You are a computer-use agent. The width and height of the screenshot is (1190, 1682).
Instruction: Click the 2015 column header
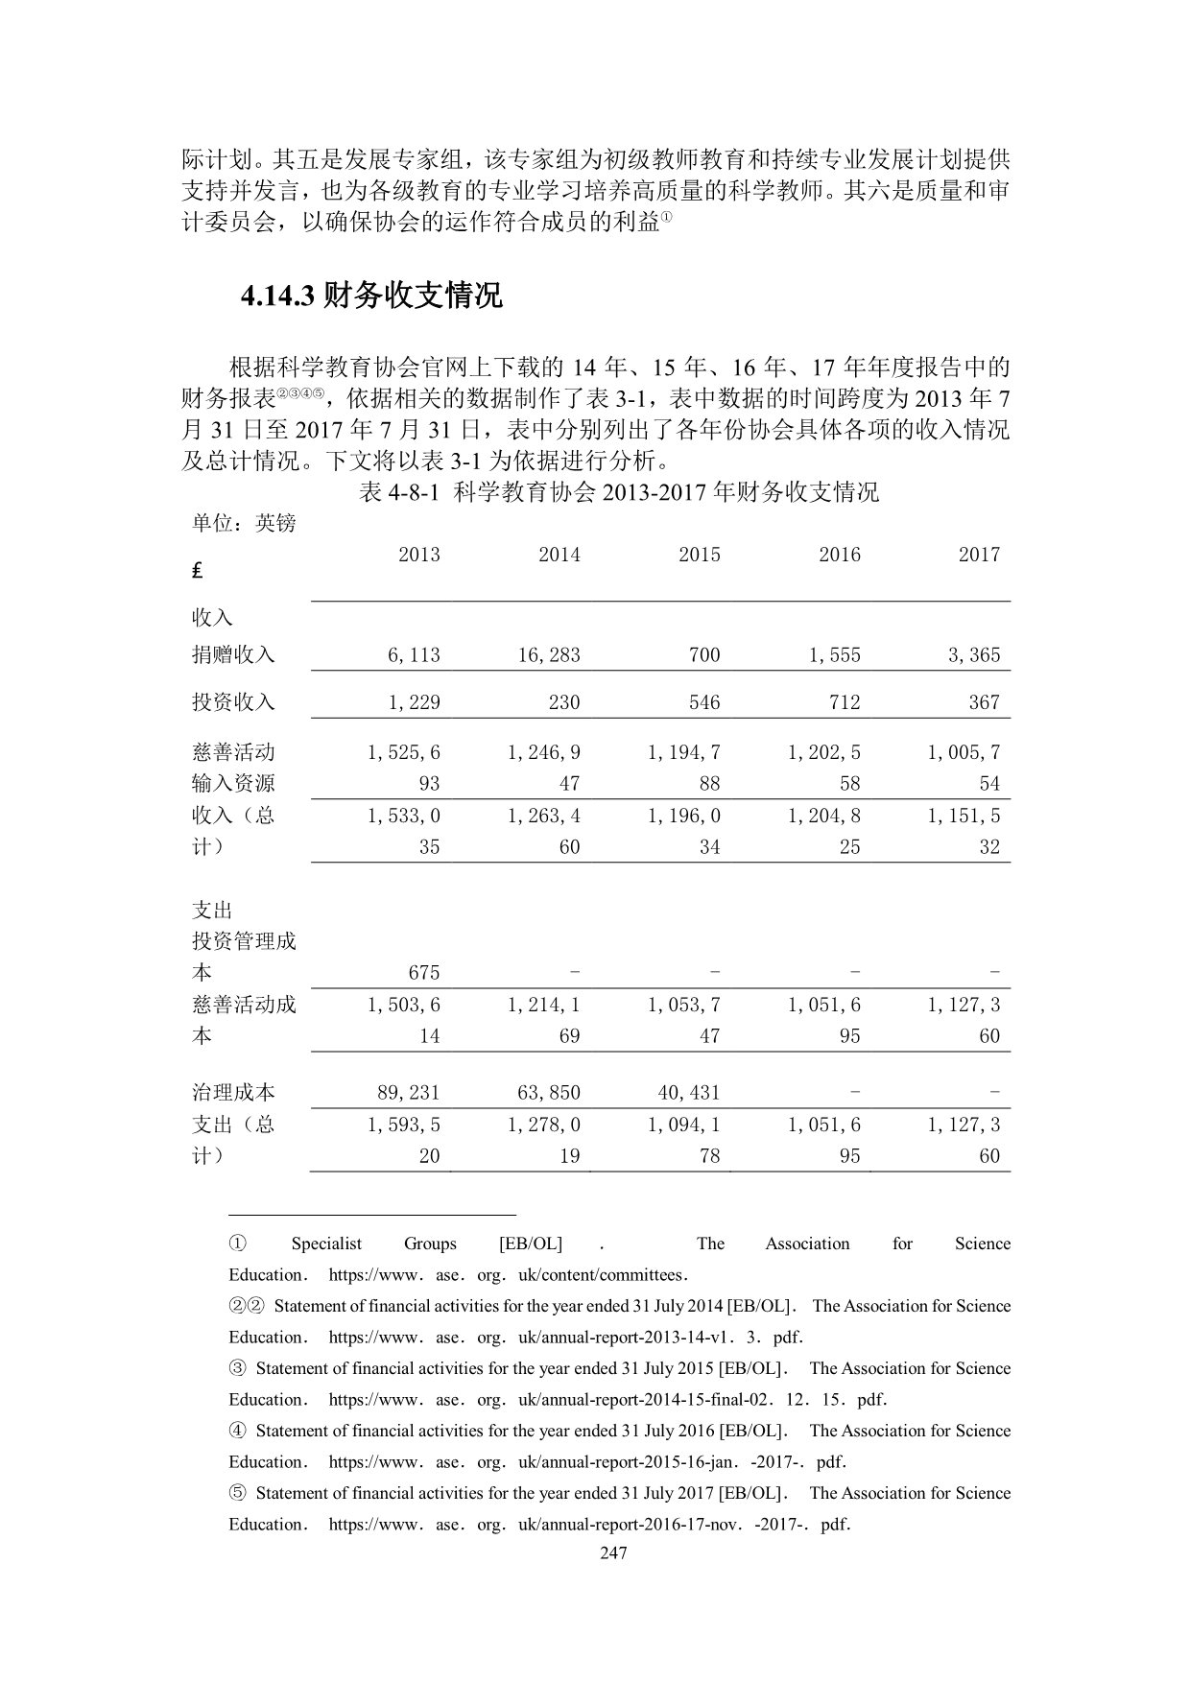(699, 555)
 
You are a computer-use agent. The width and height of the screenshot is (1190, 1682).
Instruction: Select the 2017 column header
(979, 555)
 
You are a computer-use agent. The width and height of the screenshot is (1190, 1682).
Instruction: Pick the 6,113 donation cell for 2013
(414, 655)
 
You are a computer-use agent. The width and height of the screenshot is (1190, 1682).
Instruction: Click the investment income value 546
(704, 702)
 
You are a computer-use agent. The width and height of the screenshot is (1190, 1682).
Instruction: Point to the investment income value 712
(845, 702)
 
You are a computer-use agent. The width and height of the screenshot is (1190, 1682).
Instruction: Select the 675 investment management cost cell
(424, 973)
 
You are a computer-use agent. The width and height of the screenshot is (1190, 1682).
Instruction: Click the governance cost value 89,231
(409, 1093)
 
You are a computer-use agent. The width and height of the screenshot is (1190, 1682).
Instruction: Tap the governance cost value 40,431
(689, 1093)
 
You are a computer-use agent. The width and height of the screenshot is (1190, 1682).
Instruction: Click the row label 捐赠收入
(233, 655)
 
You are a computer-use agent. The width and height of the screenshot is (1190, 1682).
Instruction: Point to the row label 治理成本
(233, 1093)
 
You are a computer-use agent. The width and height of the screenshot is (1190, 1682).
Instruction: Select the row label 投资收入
(233, 702)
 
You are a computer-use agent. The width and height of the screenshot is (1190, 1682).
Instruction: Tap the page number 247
(612, 1553)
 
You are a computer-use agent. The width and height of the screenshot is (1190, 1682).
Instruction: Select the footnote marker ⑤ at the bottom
(237, 1493)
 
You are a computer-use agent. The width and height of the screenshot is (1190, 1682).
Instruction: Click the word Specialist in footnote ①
(326, 1244)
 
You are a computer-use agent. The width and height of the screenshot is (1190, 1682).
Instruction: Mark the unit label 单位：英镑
(244, 524)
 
